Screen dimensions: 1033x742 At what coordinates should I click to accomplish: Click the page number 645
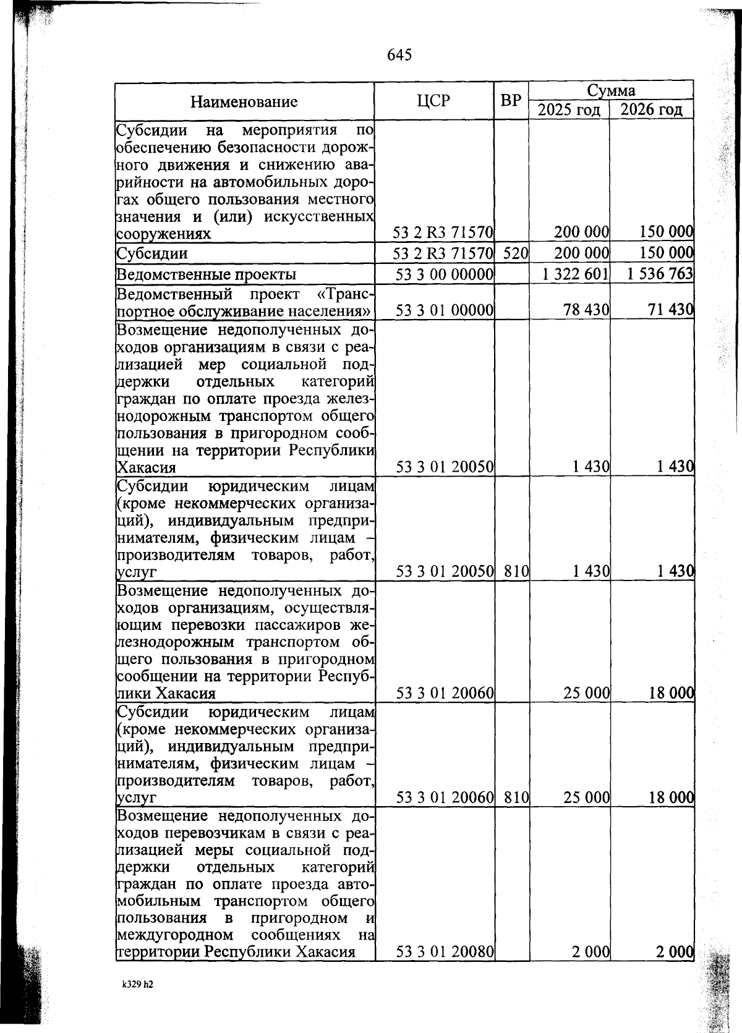click(399, 55)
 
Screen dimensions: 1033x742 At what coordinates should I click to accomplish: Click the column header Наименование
click(244, 101)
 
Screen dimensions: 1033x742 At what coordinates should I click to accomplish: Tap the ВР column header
click(511, 101)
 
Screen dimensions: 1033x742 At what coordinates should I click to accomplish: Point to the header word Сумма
click(611, 90)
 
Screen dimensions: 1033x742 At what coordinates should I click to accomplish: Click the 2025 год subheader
click(569, 110)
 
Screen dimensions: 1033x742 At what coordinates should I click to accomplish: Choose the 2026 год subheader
click(651, 110)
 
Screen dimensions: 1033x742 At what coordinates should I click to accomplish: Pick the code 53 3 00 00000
click(444, 274)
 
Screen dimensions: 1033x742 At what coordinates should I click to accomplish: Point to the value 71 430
click(670, 310)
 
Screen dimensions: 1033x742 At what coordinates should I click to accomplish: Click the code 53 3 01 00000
click(444, 310)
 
